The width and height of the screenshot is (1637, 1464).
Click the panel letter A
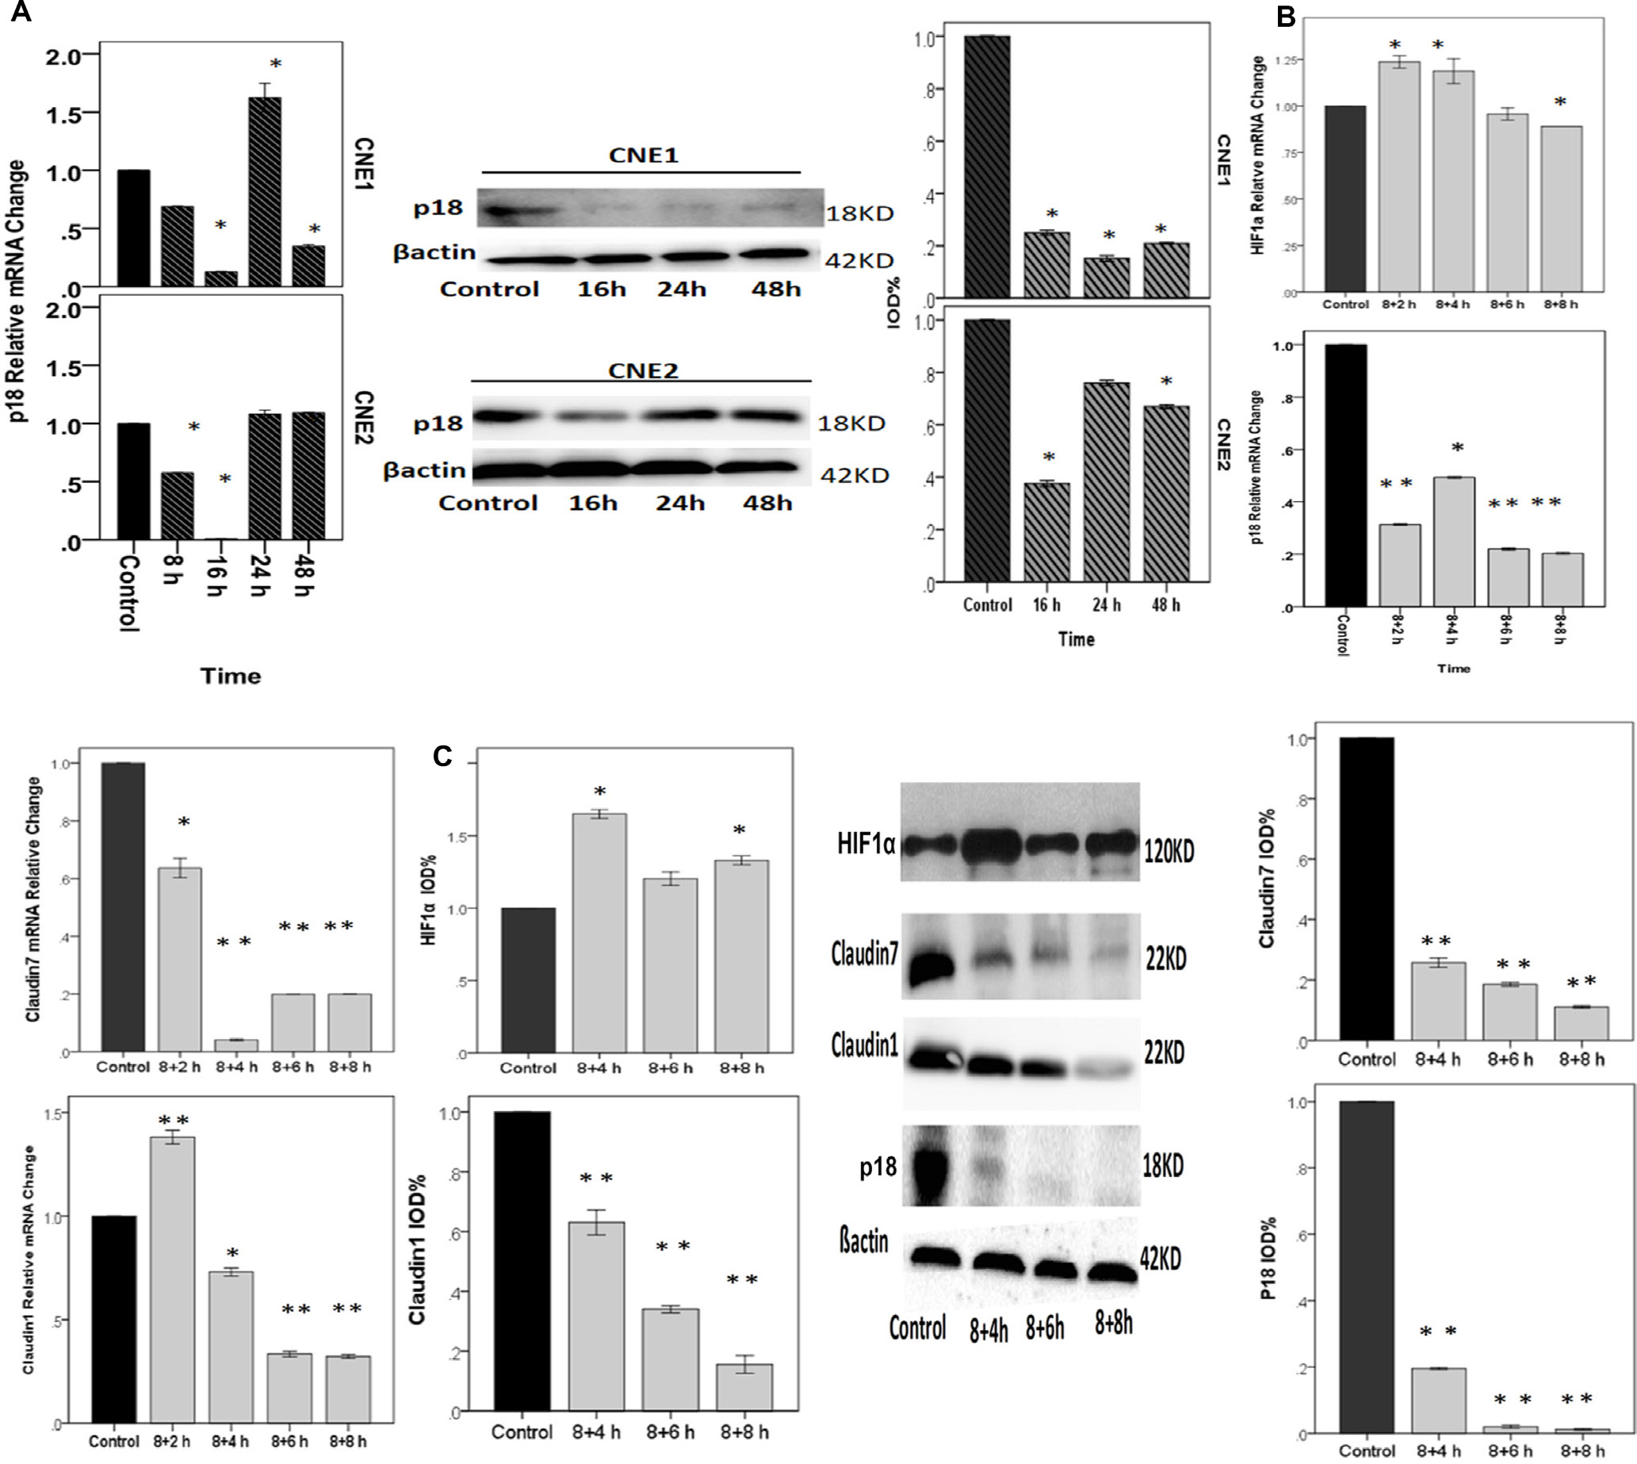[20, 12]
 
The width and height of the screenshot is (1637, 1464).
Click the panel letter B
[1286, 17]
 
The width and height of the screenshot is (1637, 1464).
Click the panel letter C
[443, 756]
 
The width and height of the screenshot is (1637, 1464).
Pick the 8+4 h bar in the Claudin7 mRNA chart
[235, 1044]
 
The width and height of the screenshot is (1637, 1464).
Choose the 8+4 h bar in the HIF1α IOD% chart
[599, 933]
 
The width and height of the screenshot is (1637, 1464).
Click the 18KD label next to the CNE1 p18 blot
[859, 213]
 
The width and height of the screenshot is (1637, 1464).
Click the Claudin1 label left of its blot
[864, 1047]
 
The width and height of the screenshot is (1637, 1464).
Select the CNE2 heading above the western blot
[642, 370]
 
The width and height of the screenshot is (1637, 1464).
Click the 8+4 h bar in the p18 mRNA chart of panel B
[1455, 541]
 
